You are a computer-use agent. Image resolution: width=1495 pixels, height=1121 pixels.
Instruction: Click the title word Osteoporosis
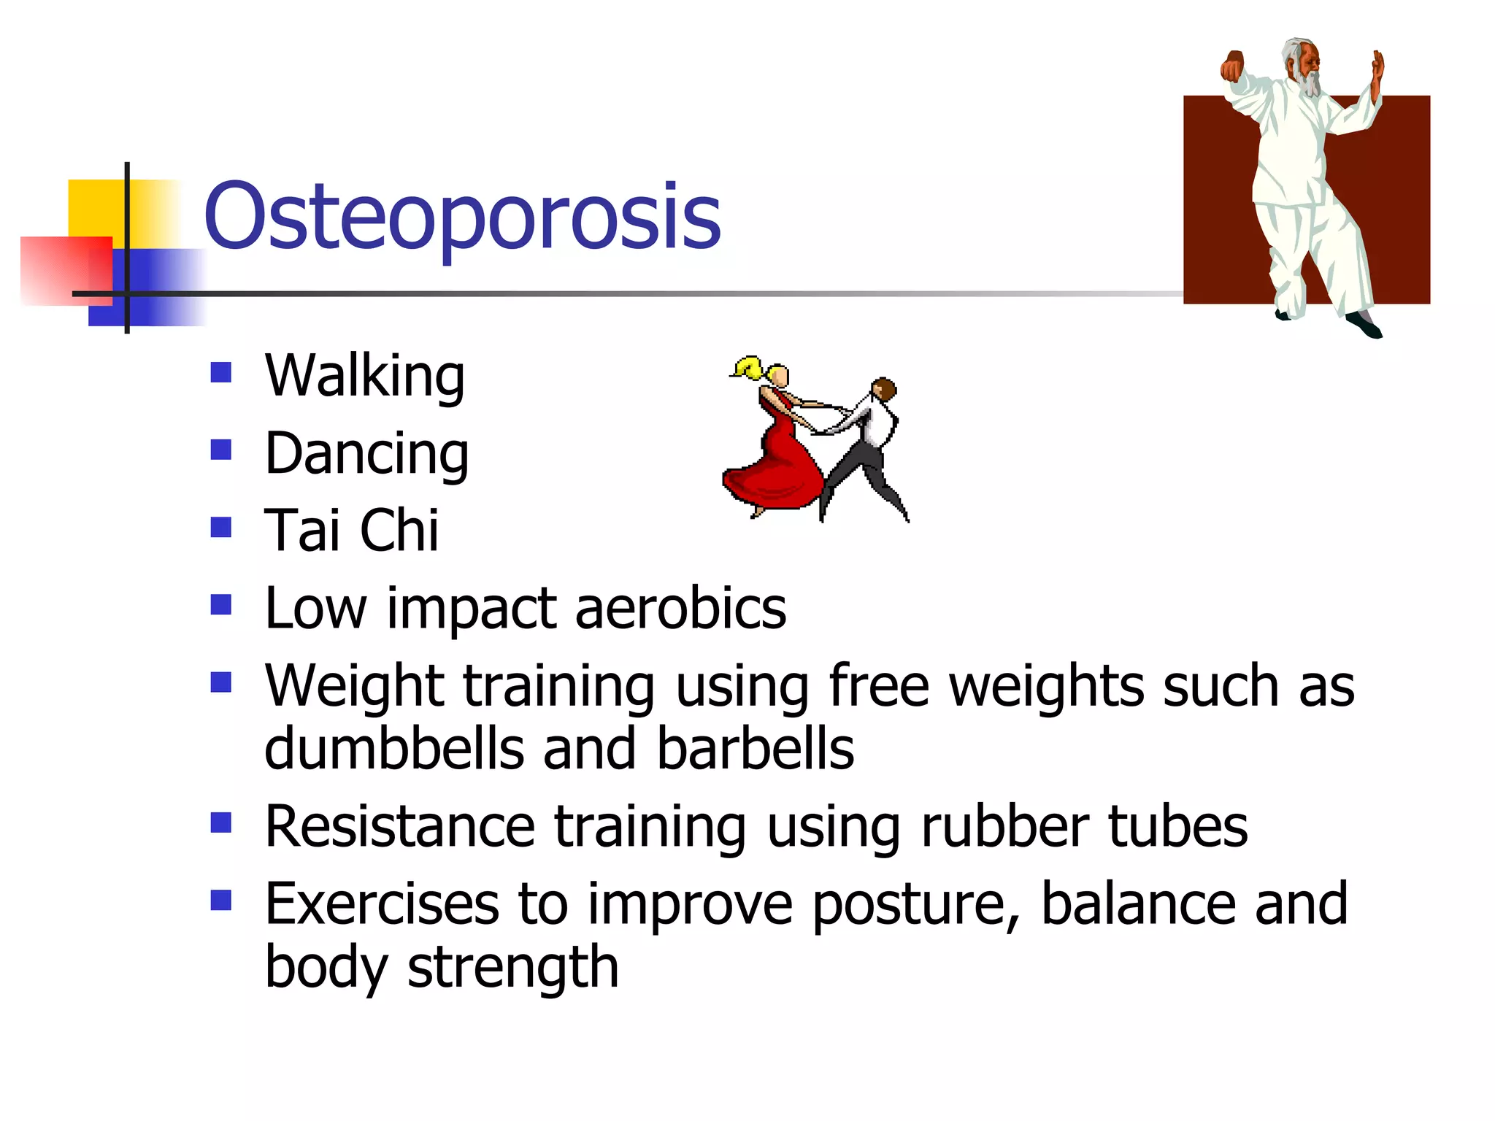[x=462, y=217]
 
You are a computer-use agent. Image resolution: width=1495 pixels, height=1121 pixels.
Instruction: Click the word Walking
[x=364, y=376]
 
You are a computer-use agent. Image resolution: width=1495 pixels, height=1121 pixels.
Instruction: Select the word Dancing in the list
[x=366, y=454]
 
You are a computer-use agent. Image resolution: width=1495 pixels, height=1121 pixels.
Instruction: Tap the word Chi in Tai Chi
[x=399, y=531]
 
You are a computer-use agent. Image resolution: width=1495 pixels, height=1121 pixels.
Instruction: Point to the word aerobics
[x=680, y=608]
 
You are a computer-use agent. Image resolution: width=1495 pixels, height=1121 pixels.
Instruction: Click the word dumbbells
[x=394, y=749]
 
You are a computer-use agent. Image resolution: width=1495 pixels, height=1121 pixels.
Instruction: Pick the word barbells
[x=755, y=749]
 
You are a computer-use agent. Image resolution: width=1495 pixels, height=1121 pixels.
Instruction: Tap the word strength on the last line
[x=512, y=968]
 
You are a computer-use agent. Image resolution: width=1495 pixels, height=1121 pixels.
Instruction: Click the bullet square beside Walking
[x=220, y=373]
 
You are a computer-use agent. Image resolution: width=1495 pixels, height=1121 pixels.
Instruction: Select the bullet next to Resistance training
[x=220, y=823]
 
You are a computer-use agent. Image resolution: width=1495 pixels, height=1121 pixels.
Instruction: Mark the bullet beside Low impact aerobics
[x=220, y=605]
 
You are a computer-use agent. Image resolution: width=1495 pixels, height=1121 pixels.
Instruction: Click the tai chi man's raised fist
[x=1233, y=66]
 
